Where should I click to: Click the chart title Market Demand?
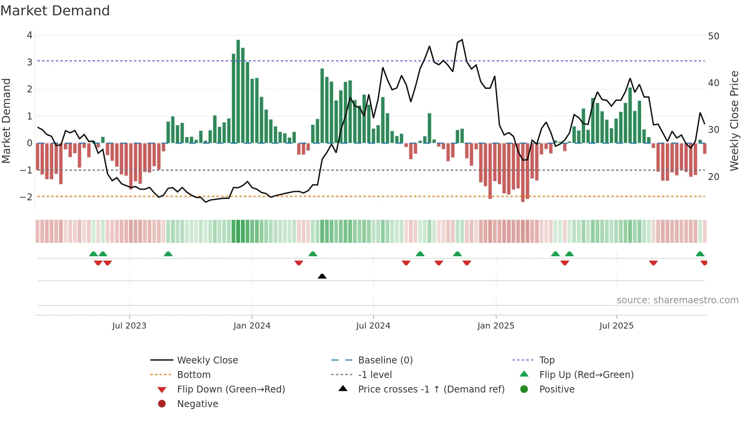click(x=55, y=11)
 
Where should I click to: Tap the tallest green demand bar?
click(x=238, y=92)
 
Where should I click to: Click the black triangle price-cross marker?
click(x=322, y=276)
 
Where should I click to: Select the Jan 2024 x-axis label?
click(x=252, y=326)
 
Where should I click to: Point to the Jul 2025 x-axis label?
click(x=616, y=326)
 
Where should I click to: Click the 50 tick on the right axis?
click(x=714, y=36)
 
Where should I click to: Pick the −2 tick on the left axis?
click(x=26, y=197)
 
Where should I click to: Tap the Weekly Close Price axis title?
click(x=734, y=121)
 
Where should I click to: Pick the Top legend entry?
click(x=547, y=360)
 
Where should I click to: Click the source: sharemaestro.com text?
click(x=677, y=300)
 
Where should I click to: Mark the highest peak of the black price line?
click(x=462, y=39)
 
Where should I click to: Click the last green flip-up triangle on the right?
click(x=700, y=254)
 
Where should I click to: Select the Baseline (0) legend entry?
click(x=385, y=360)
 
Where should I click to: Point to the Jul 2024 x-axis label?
click(x=373, y=326)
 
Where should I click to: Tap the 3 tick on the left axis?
click(x=29, y=62)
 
